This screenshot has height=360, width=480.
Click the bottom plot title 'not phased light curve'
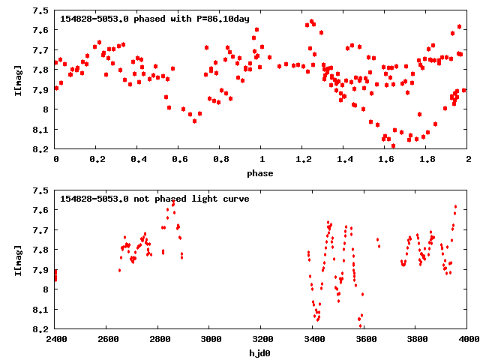[x=154, y=199]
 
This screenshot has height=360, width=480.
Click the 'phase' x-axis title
[x=261, y=173]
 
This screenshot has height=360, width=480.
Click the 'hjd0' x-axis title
[x=261, y=352]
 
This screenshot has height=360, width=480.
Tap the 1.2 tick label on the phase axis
[x=303, y=160]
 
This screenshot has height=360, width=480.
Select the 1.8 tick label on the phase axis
[x=427, y=160]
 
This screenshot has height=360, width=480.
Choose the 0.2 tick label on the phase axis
[x=97, y=160]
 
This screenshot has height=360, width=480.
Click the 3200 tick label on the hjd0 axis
[x=262, y=339]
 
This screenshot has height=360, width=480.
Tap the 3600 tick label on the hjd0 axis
[x=364, y=339]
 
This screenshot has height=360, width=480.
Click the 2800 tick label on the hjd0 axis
[x=159, y=339]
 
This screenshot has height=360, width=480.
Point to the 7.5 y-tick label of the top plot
[x=42, y=10]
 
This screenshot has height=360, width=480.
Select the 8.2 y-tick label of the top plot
[x=42, y=149]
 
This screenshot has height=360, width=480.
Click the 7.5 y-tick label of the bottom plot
[x=42, y=190]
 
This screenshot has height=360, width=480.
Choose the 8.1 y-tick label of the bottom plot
[x=42, y=309]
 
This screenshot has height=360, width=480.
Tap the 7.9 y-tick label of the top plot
[x=42, y=90]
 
